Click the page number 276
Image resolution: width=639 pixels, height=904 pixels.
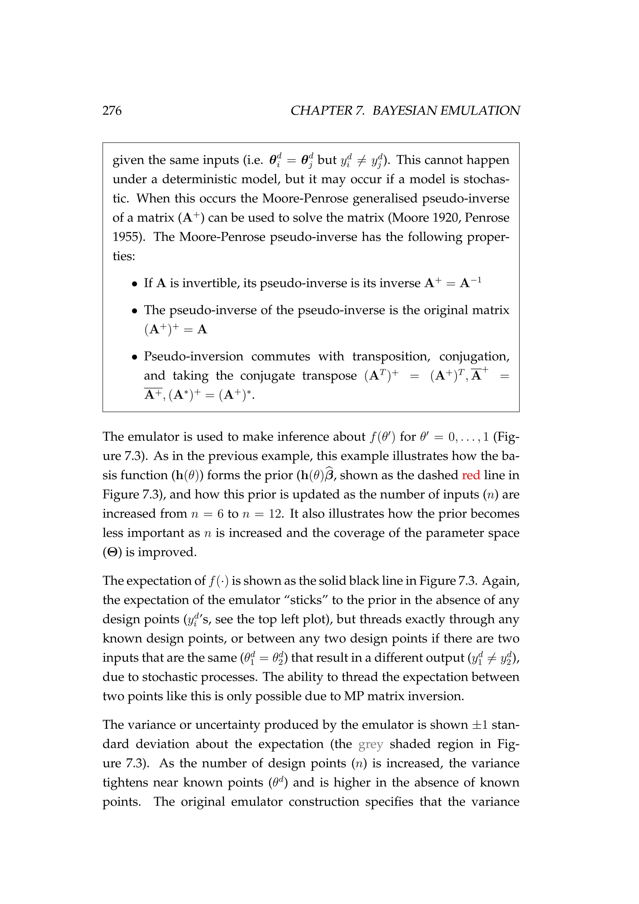click(112, 111)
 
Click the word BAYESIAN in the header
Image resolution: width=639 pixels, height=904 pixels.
click(404, 111)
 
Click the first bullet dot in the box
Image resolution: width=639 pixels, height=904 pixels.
click(134, 284)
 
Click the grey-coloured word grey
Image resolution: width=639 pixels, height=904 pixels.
click(371, 744)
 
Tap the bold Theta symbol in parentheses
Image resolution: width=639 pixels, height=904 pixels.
click(112, 553)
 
